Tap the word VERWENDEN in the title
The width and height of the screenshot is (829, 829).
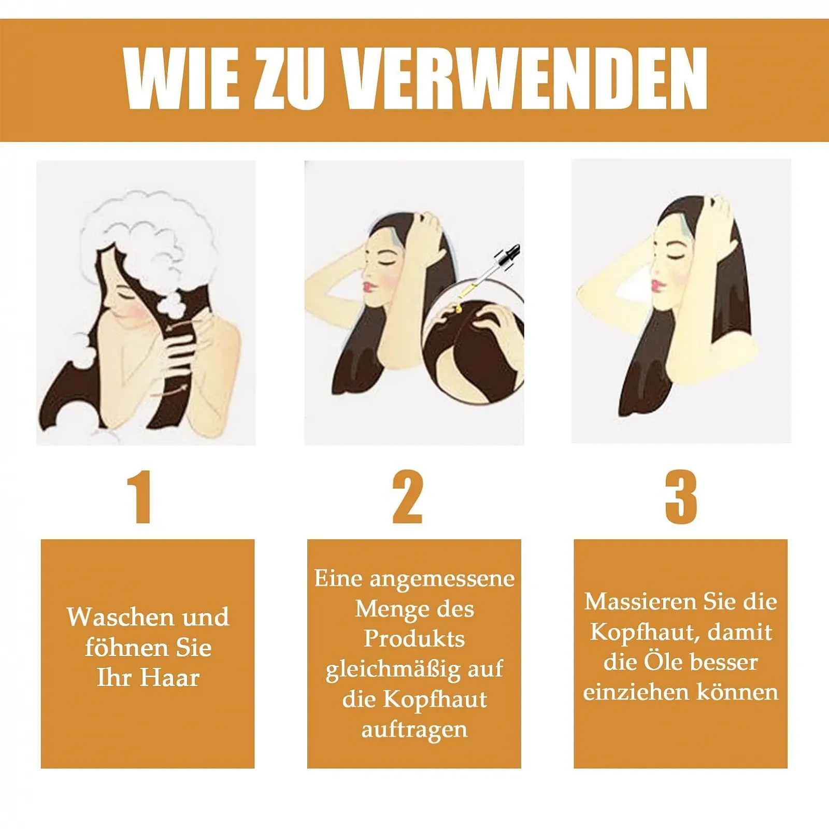(525, 78)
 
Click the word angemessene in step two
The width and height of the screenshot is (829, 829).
(442, 579)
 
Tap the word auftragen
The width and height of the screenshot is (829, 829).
(414, 730)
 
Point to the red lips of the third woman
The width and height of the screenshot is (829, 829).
(655, 285)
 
